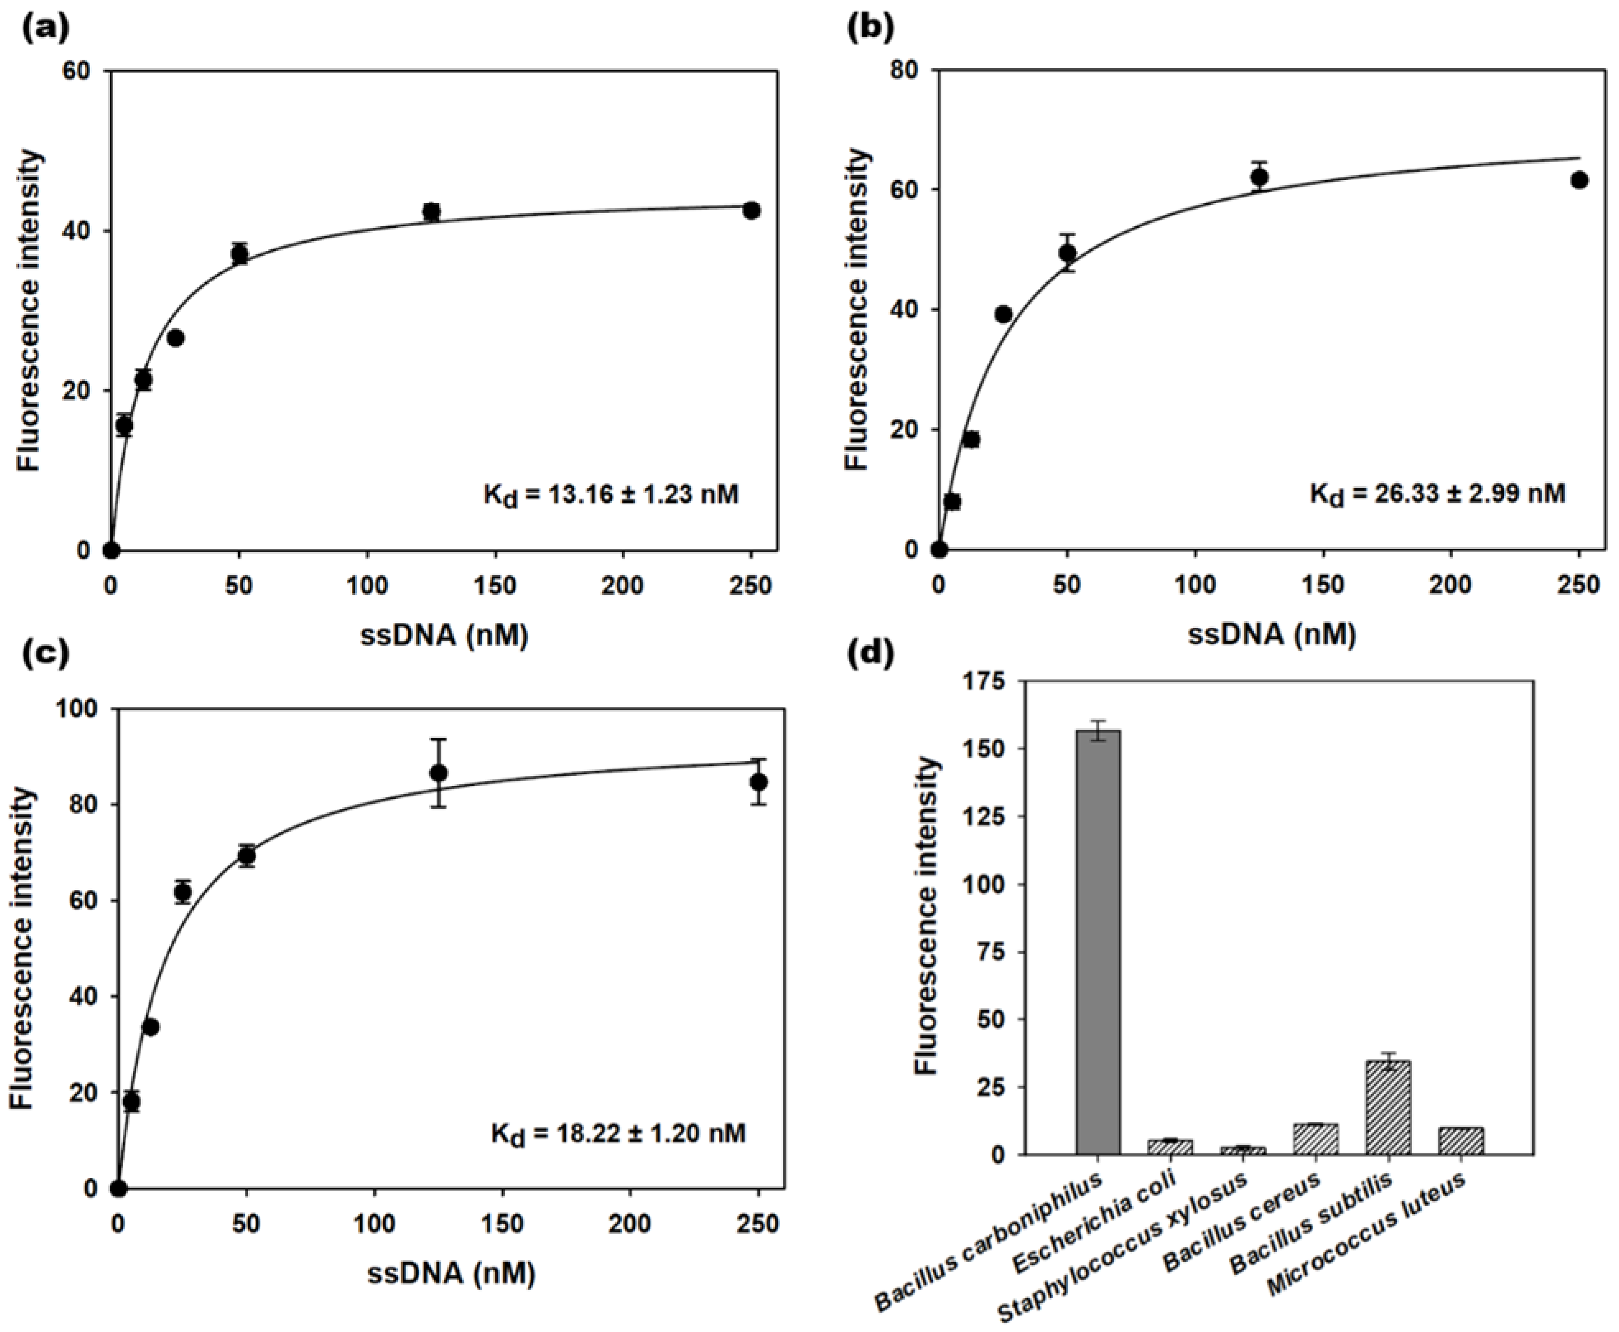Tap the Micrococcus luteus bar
[x=1460, y=1141]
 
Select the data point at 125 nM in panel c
[x=439, y=773]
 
